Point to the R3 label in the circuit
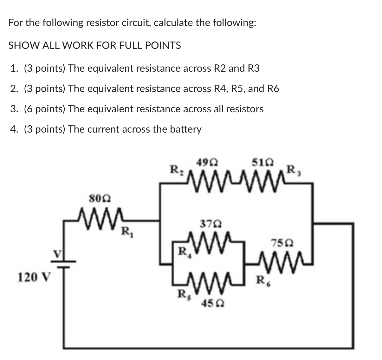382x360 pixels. coord(294,170)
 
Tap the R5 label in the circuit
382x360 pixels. coord(182,294)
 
